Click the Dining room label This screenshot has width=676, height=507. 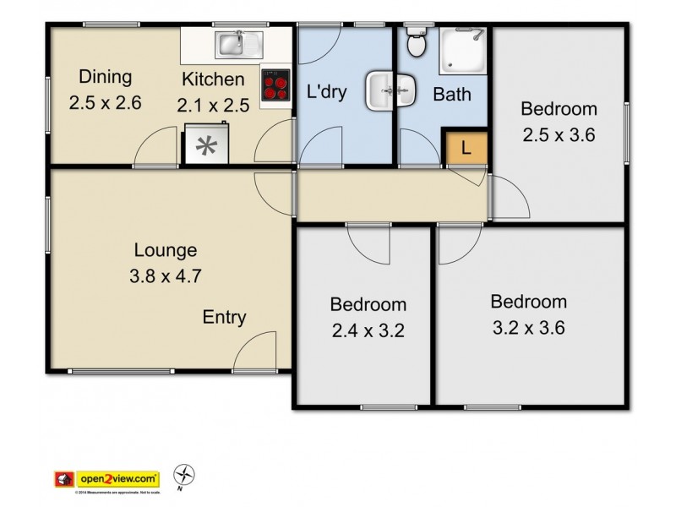pyautogui.click(x=106, y=77)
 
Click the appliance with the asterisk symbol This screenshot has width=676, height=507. pyautogui.click(x=205, y=144)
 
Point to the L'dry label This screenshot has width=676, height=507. pyautogui.click(x=326, y=92)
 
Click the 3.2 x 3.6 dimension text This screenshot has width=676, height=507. pyautogui.click(x=528, y=326)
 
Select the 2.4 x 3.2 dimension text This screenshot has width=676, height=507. pyautogui.click(x=368, y=330)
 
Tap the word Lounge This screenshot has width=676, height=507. pyautogui.click(x=166, y=250)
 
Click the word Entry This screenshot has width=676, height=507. pyautogui.click(x=224, y=318)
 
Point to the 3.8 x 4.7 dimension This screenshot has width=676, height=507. pyautogui.click(x=166, y=275)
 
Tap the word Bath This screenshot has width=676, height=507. pyautogui.click(x=452, y=95)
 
